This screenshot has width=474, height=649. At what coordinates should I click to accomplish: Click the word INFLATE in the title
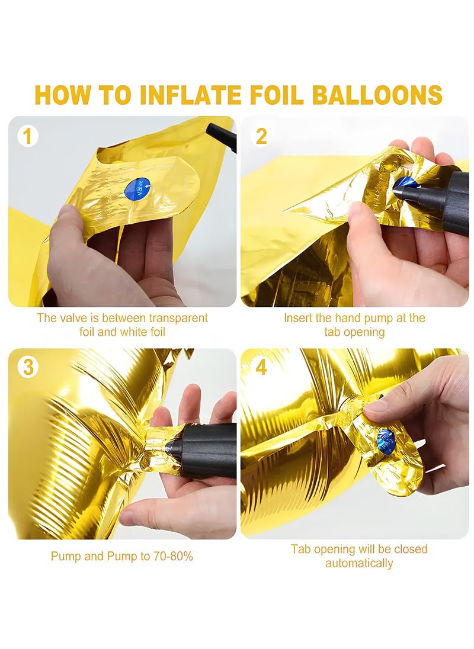tap(190, 95)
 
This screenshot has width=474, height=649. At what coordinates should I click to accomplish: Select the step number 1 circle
tap(28, 136)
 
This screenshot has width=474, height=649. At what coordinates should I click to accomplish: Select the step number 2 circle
tap(261, 136)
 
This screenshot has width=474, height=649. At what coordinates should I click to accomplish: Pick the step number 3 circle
tap(28, 367)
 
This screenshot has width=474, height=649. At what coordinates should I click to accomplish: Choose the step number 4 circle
tap(261, 367)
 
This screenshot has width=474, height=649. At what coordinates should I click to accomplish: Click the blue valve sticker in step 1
tap(137, 189)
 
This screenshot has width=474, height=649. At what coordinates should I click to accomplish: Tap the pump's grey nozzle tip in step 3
tap(169, 446)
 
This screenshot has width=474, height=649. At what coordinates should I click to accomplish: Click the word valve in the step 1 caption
tap(73, 318)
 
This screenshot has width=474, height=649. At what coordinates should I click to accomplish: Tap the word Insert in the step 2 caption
tap(298, 318)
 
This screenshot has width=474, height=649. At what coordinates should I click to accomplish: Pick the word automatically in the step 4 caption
tap(359, 563)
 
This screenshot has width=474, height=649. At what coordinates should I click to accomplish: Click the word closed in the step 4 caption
tap(410, 550)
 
